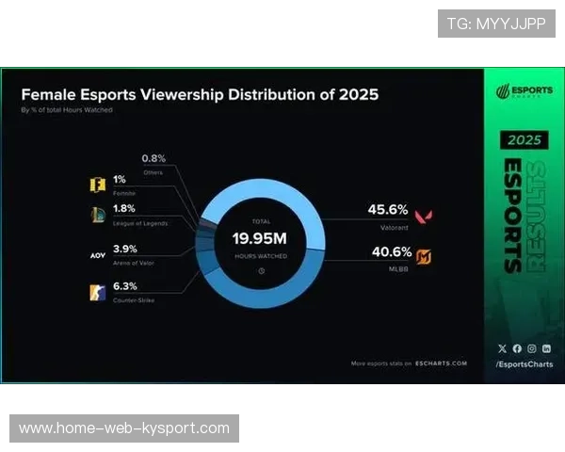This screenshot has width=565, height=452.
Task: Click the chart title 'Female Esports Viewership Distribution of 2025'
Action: click(200, 95)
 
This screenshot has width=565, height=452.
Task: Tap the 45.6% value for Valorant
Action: click(388, 210)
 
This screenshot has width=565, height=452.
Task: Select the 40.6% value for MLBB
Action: click(388, 252)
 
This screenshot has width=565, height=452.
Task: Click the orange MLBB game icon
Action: click(425, 256)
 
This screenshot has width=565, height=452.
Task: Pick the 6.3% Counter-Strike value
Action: click(125, 286)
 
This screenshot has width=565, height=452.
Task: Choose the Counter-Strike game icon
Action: click(97, 291)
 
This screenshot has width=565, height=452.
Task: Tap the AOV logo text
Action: click(97, 254)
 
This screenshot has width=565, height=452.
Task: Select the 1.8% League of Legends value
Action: click(125, 208)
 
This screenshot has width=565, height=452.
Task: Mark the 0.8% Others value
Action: click(154, 158)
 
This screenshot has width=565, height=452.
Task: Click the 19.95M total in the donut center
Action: click(260, 239)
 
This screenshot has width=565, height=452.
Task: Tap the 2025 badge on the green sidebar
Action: click(525, 139)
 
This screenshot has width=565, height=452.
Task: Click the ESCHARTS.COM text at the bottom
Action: click(444, 363)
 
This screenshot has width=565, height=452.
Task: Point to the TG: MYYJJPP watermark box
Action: click(496, 23)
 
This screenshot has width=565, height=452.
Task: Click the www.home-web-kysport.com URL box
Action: click(124, 428)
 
